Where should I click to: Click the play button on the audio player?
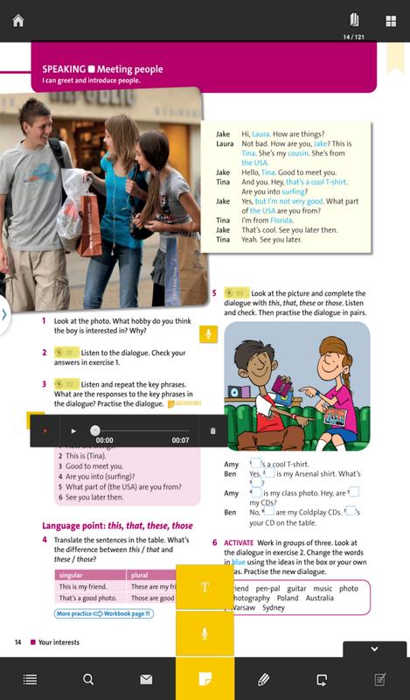pyautogui.click(x=73, y=430)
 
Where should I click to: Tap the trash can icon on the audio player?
pyautogui.click(x=212, y=430)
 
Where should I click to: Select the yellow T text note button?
pyautogui.click(x=205, y=587)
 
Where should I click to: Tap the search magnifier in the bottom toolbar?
pyautogui.click(x=87, y=679)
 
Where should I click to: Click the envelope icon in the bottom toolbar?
pyautogui.click(x=146, y=679)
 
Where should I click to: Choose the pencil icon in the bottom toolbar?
pyautogui.click(x=263, y=679)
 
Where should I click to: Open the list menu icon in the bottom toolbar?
pyautogui.click(x=30, y=679)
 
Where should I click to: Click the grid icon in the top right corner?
pyautogui.click(x=389, y=19)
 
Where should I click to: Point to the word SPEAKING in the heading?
pyautogui.click(x=58, y=69)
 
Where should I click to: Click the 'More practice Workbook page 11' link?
pyautogui.click(x=104, y=613)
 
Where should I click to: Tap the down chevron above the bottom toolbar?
pyautogui.click(x=375, y=649)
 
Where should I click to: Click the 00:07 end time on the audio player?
pyautogui.click(x=180, y=439)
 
